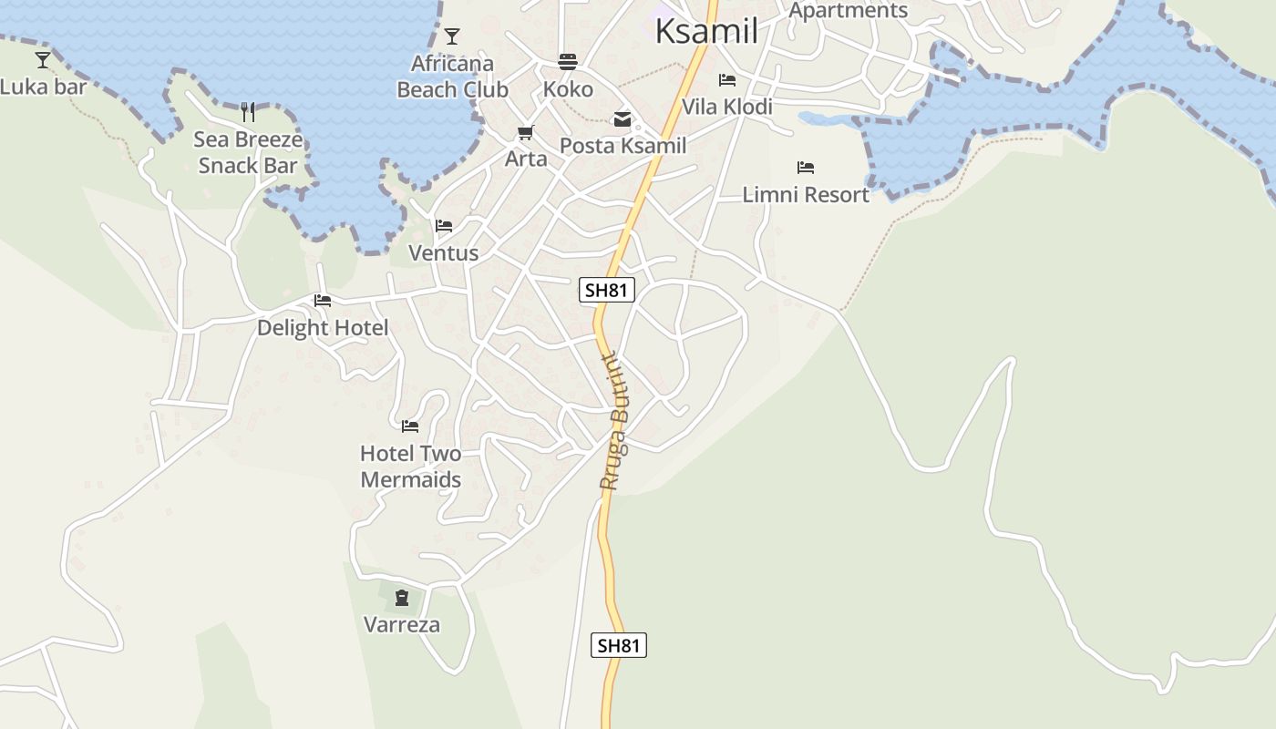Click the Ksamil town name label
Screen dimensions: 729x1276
(706, 31)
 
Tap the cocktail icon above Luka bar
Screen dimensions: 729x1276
(43, 60)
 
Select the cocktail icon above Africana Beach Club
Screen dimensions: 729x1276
(452, 36)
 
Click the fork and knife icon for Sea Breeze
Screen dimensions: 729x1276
(248, 112)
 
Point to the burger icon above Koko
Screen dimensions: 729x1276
(568, 62)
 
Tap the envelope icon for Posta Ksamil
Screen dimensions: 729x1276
(623, 119)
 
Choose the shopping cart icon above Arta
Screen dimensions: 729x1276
(526, 133)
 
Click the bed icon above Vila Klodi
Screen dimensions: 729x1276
(727, 80)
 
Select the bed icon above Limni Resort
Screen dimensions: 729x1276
(806, 168)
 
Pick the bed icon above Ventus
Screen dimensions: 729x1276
(444, 226)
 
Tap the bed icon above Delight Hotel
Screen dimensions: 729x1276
(323, 301)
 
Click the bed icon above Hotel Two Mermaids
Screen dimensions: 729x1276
(410, 426)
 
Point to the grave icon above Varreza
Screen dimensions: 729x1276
(402, 598)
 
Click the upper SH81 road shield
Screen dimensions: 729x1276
(607, 291)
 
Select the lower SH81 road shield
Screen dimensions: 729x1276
(619, 645)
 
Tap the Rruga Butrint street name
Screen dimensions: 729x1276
(614, 420)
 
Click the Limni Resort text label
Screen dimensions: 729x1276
(806, 194)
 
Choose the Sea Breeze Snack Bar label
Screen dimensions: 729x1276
(248, 152)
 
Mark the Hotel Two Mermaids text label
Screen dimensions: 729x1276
(410, 466)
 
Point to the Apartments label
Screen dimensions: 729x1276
(848, 10)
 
